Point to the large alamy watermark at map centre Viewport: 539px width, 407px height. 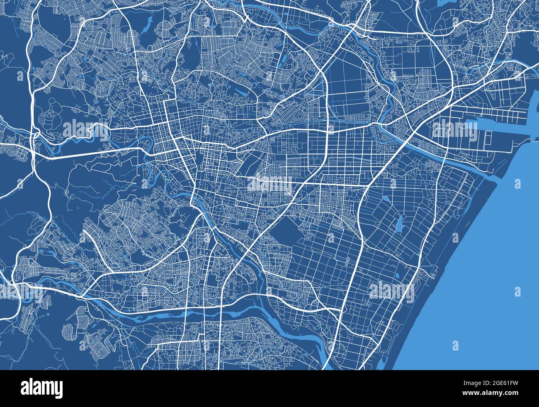(270, 183)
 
